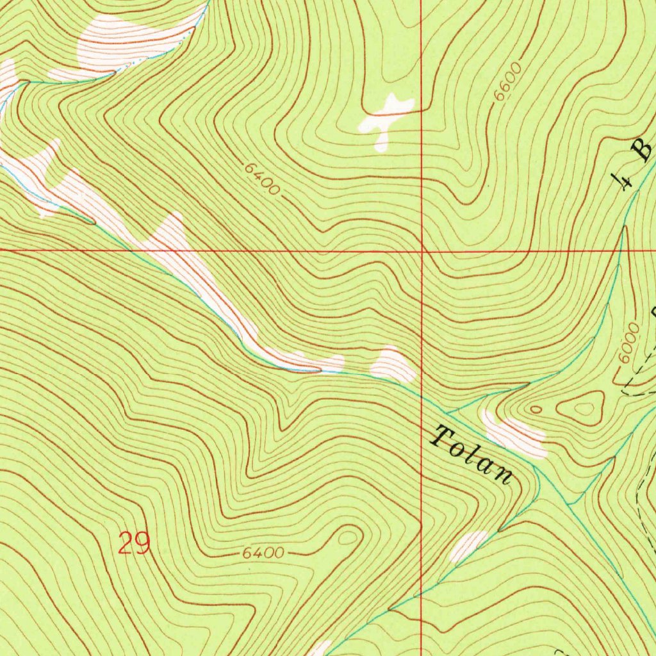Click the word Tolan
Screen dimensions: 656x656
[473, 454]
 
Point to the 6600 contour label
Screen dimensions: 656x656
[508, 81]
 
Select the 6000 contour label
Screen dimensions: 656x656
[630, 343]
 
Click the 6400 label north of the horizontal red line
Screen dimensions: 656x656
[262, 179]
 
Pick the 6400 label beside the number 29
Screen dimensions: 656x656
[263, 552]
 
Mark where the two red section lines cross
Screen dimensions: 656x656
[422, 251]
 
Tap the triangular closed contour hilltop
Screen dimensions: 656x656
[584, 407]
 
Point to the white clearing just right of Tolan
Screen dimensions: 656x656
[516, 437]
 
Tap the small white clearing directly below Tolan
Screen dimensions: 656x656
[469, 545]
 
